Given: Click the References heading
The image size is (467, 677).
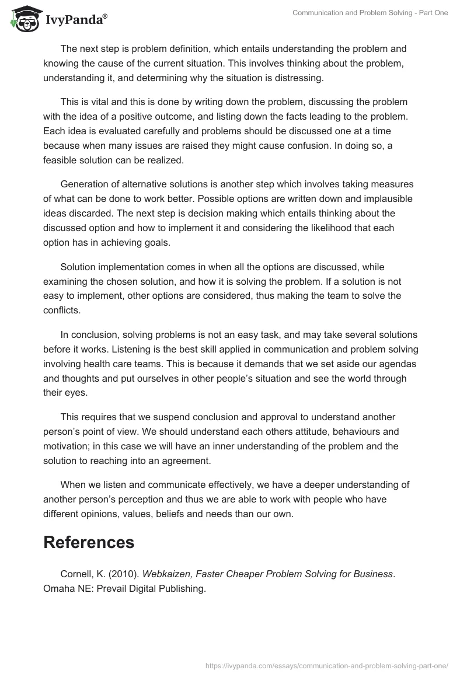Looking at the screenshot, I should [x=89, y=542].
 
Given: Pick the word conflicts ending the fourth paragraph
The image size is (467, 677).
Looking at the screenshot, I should [x=62, y=310].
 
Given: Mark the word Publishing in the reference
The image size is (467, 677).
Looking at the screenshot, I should [x=180, y=589].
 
